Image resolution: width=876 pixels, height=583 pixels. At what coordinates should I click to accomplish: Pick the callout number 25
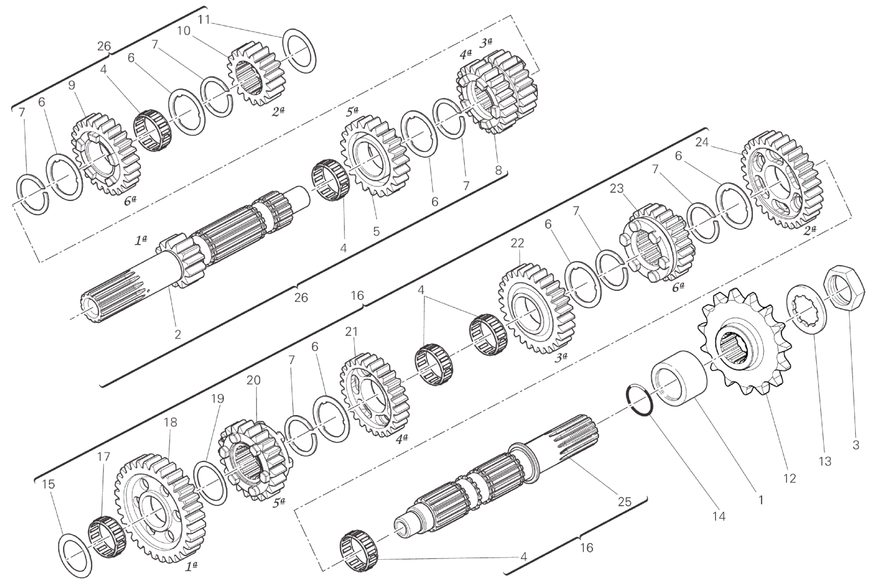coord(624,501)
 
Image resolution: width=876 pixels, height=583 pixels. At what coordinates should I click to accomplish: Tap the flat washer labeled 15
coord(75,556)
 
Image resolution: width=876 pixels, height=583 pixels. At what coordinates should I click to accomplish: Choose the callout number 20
coord(253,380)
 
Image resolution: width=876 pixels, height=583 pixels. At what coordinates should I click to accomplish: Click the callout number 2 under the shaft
coord(177,334)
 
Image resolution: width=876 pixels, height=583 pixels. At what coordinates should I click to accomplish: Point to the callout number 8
coord(498,170)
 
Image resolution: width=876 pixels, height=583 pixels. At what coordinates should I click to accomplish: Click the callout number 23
coord(617,188)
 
